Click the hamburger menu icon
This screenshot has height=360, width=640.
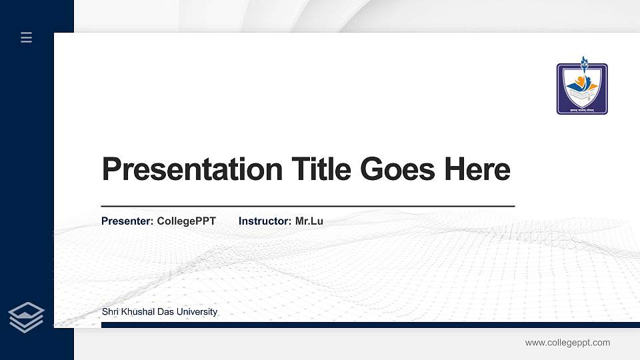click(26, 37)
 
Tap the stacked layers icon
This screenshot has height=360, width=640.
click(27, 317)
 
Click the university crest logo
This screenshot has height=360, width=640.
click(582, 89)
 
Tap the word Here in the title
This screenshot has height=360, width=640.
click(477, 169)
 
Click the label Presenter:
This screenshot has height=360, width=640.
click(127, 221)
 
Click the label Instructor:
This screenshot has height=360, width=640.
click(265, 221)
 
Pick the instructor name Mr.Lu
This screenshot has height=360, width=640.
click(309, 221)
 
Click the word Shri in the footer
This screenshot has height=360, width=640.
click(110, 312)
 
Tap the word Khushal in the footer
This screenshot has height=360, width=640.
click(137, 312)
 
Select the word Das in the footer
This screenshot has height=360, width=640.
click(167, 312)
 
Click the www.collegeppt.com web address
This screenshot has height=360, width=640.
click(567, 343)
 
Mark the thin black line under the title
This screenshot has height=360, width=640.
click(307, 207)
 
